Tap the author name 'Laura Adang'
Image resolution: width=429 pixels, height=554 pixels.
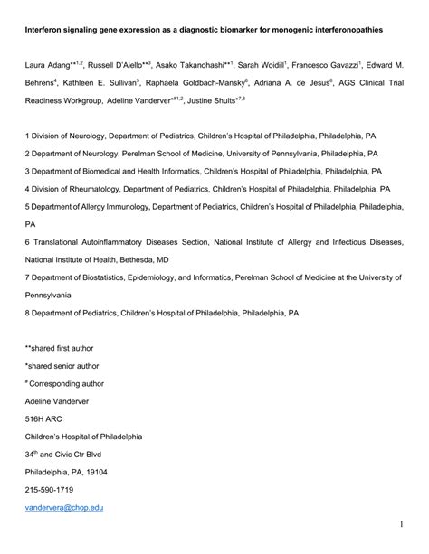pos(49,66)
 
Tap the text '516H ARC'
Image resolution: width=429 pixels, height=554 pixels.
pos(45,418)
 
